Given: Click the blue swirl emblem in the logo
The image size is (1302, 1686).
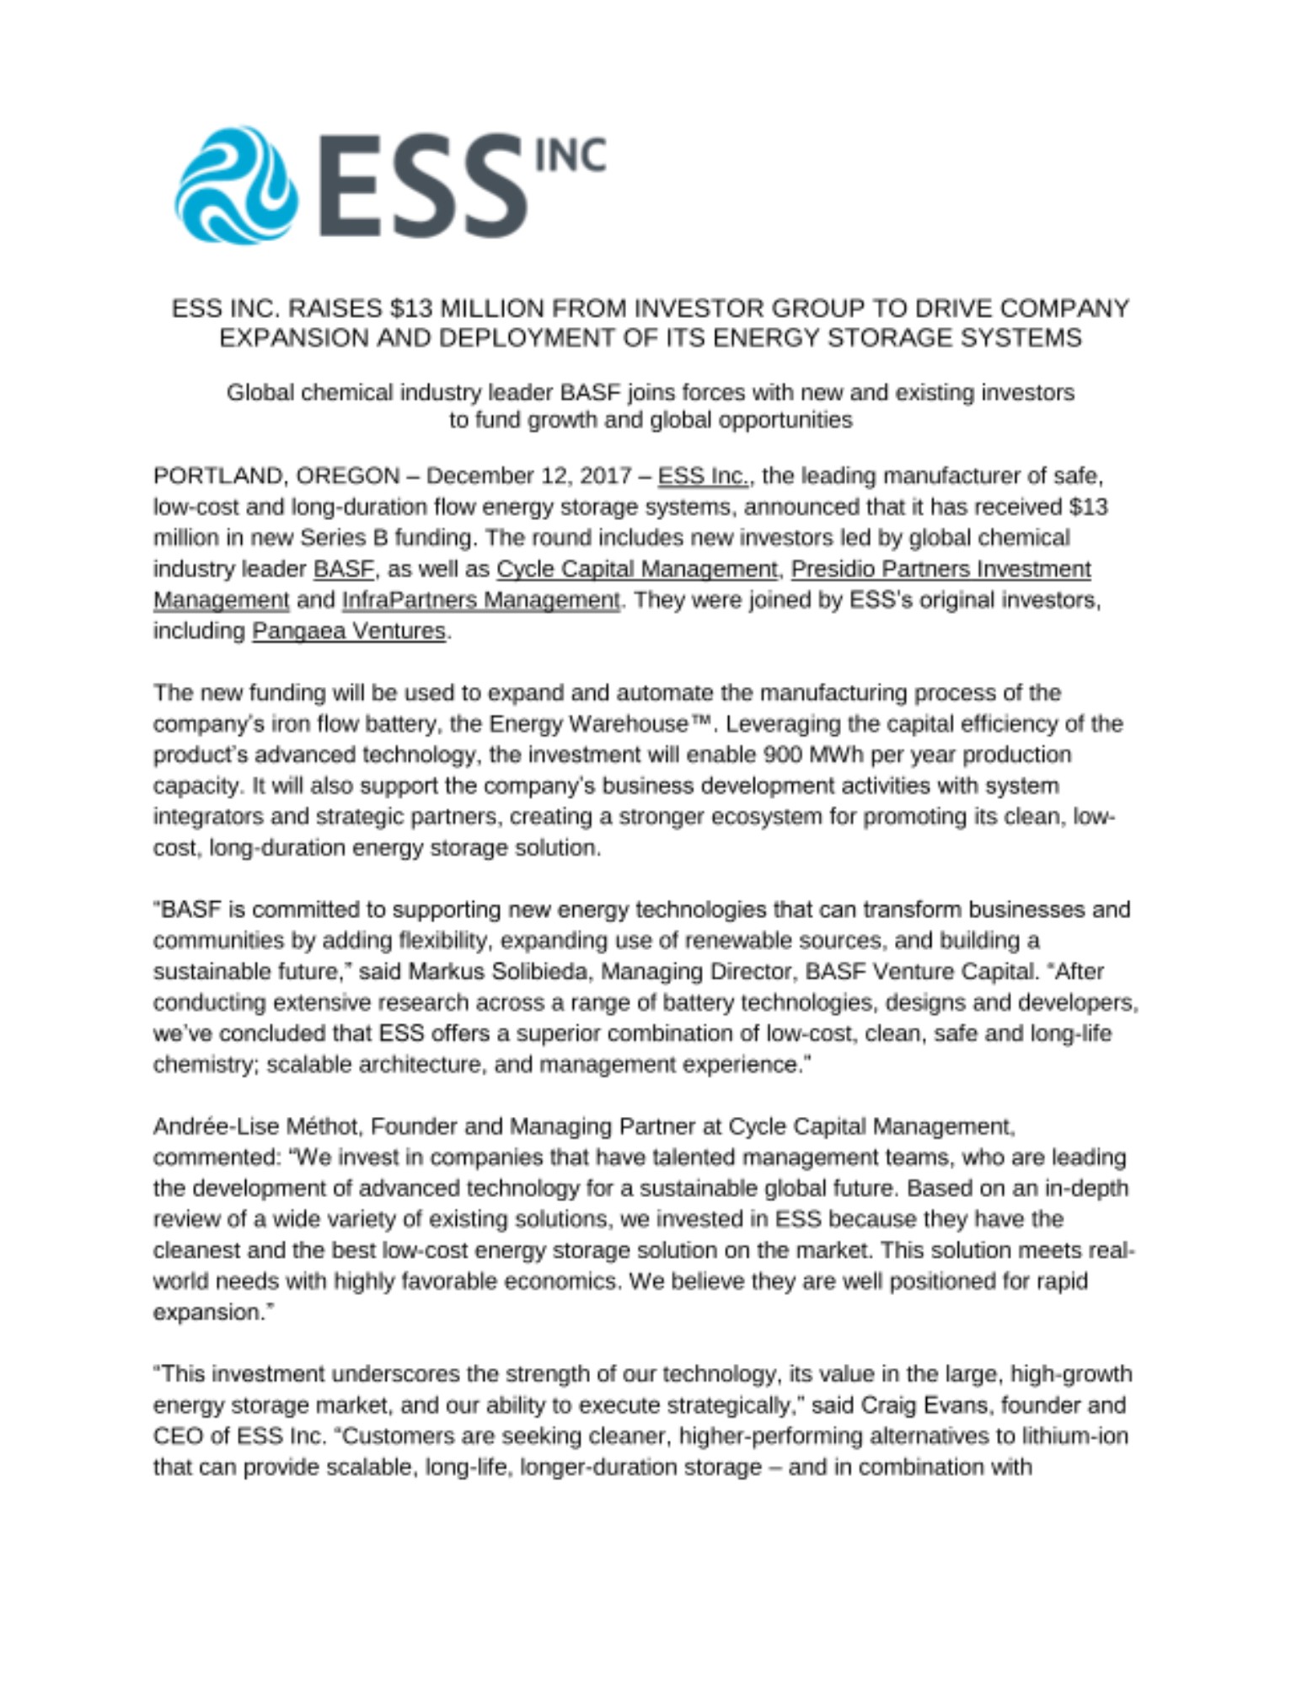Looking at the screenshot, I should (x=236, y=185).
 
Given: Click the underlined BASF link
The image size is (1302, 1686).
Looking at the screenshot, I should (x=343, y=569).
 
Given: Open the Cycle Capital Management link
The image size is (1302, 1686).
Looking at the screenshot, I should (x=637, y=569).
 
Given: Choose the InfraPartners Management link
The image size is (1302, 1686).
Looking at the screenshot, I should (x=480, y=600).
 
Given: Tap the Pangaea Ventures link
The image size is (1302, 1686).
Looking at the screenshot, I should (x=348, y=631).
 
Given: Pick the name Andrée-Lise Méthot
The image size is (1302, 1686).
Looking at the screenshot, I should (x=259, y=1126).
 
